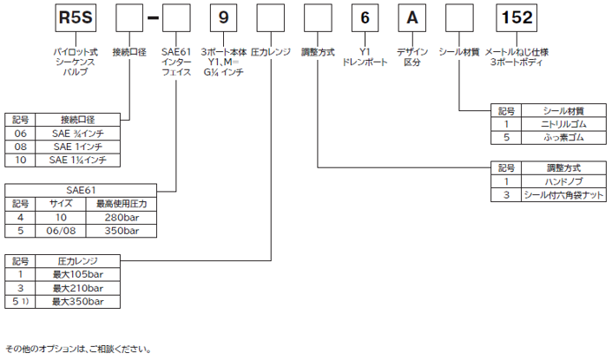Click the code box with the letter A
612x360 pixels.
point(413,18)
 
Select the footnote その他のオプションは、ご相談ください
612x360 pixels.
point(78,348)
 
